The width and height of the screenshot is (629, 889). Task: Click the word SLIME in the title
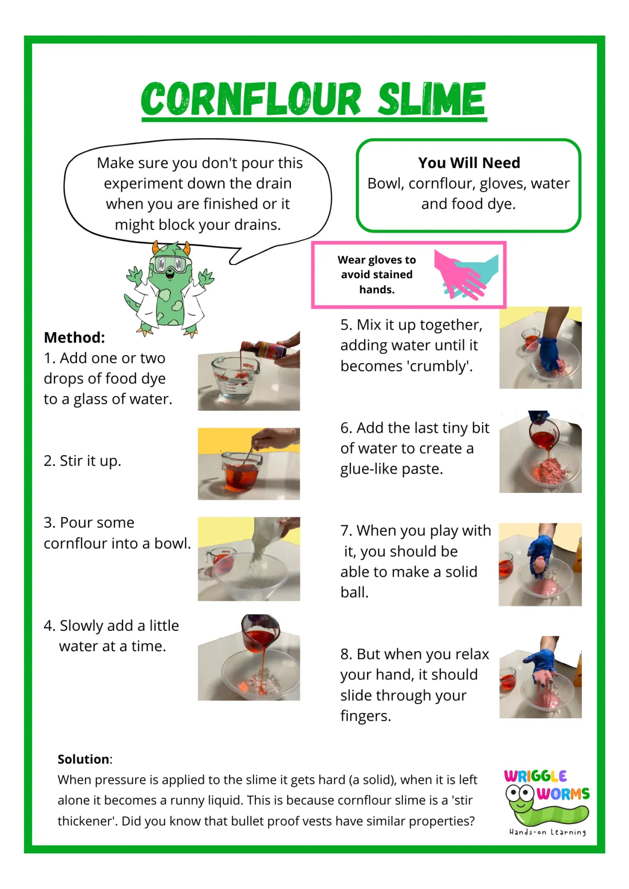[x=431, y=99]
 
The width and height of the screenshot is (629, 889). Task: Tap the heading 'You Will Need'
[x=469, y=163]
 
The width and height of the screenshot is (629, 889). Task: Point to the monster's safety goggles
[x=170, y=264]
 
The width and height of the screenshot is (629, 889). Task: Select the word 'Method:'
[x=74, y=337]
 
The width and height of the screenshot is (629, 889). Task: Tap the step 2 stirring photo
[x=249, y=464]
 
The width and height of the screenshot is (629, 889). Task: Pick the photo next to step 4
[x=249, y=657]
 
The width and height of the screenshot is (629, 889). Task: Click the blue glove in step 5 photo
[x=549, y=353]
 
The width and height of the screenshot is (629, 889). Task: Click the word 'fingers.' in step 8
[x=366, y=716]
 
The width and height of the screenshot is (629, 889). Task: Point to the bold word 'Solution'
[x=83, y=759]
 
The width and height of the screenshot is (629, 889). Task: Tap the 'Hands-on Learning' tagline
[x=548, y=832]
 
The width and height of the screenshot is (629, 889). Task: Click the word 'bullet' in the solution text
[x=246, y=821]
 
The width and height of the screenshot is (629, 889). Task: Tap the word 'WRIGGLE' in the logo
[x=535, y=776]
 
